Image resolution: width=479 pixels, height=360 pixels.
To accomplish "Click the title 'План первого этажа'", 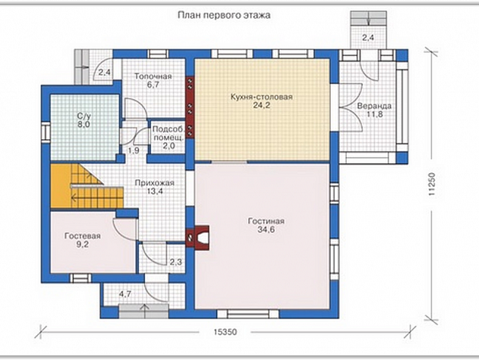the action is point(224,15).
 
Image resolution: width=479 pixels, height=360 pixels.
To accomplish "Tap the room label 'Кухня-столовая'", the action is point(261,97).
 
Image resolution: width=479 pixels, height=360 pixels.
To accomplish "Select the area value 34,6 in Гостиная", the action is point(266,230).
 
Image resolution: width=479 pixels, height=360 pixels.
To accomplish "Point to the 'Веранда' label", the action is point(374,106).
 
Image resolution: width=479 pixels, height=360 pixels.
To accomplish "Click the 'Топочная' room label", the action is point(153,76).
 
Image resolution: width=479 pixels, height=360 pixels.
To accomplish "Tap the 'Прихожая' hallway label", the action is point(155,183).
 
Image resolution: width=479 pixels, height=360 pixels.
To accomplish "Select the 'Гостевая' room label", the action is point(82,236).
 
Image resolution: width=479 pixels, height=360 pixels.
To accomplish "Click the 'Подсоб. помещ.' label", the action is point(168,133).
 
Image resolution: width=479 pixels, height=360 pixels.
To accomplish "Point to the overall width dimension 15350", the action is point(225,332).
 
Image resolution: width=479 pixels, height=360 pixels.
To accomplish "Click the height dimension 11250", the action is point(431,184).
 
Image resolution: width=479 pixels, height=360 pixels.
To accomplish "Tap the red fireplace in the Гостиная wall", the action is point(198,237).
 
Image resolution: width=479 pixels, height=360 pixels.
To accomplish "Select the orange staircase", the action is point(85,186).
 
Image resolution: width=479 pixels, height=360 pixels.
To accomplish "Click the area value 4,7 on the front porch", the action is point(125,294).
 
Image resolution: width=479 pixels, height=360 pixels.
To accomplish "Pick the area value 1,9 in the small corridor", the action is point(134,151).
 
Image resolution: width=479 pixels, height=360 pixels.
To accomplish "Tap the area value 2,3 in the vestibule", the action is point(175,262).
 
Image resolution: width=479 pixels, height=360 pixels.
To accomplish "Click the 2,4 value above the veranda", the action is point(368,38).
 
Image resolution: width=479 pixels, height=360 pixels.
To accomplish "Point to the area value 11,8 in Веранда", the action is point(375,114).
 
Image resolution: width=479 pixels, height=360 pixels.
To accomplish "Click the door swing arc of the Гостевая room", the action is point(121,230).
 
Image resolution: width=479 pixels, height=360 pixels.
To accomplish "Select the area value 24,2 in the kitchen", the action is point(261,105).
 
